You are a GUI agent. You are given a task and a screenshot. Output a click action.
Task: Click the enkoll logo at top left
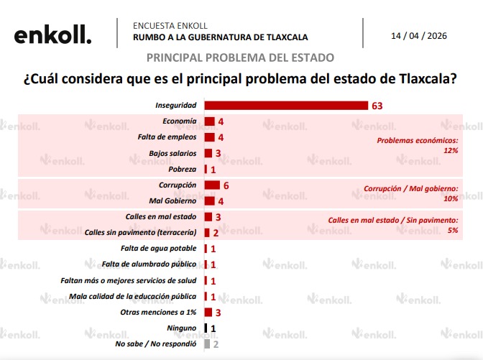(53, 35)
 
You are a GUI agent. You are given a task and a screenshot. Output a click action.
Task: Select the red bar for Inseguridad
(286, 106)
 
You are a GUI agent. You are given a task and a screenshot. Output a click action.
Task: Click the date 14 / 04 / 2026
(419, 36)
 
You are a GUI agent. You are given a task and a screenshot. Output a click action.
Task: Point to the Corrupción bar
(212, 185)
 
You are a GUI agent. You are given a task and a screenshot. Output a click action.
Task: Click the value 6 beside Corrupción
(226, 185)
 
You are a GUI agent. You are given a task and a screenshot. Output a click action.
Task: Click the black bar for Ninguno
(206, 328)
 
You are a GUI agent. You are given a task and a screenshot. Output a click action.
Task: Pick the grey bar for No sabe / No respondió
(207, 344)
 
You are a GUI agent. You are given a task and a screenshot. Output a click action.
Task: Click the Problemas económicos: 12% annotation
(418, 146)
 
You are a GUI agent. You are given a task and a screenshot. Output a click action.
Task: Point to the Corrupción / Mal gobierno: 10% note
(411, 193)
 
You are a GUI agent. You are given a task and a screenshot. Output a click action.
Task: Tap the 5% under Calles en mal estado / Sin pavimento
(453, 231)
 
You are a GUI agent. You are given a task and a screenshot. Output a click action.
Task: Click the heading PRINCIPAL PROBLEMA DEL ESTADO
(240, 57)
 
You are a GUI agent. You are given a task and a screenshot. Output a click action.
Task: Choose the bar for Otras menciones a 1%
(208, 313)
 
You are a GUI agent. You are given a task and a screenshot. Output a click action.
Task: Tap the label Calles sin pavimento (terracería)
(141, 233)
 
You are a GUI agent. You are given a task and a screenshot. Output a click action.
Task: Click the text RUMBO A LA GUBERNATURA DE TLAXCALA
(221, 37)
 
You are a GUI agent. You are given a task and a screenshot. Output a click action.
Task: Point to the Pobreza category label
(182, 169)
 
